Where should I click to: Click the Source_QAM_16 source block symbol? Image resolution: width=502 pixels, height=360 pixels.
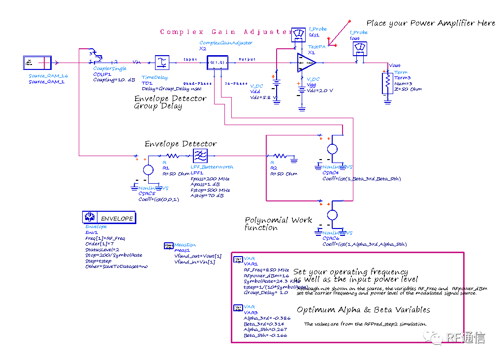click(37, 63)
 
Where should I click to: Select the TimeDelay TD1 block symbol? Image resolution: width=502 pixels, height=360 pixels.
click(162, 63)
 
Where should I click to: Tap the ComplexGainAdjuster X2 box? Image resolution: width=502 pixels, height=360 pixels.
click(216, 63)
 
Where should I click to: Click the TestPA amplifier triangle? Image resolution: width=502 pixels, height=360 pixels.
click(306, 63)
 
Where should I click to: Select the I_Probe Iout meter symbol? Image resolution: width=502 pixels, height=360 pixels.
click(359, 48)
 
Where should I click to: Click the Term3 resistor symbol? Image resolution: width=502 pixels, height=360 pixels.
click(387, 83)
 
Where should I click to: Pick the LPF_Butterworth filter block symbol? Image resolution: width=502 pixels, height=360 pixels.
click(200, 156)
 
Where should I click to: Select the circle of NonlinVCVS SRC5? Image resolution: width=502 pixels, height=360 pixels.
click(148, 170)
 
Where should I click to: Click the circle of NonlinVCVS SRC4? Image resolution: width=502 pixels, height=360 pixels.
click(333, 149)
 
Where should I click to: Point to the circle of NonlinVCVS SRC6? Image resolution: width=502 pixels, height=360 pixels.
click(333, 215)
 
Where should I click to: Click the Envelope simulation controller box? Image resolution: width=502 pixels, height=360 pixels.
click(109, 217)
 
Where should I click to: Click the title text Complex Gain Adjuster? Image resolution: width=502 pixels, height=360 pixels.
click(226, 32)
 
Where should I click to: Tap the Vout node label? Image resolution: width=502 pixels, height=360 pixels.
click(395, 65)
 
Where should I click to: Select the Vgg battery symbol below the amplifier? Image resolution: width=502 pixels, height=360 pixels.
click(302, 86)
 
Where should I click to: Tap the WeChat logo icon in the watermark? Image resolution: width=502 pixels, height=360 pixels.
click(433, 336)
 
